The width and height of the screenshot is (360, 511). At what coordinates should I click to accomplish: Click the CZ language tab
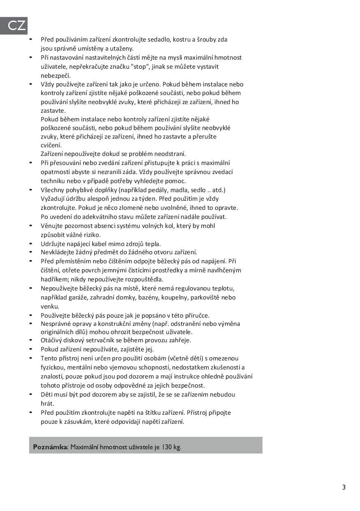tap(16, 26)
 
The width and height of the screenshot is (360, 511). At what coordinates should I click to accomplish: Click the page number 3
tap(344, 488)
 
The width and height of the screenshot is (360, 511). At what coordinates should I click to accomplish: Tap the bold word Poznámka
tap(50, 447)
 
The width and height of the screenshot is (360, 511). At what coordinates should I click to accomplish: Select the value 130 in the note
tap(167, 447)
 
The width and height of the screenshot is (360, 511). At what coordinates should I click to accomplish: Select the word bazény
tap(151, 297)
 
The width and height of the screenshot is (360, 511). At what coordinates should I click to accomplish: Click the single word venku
tap(50, 307)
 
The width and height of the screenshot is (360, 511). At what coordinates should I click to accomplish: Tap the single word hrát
tap(47, 403)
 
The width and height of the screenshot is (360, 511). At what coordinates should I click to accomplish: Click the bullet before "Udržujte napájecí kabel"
tap(30, 244)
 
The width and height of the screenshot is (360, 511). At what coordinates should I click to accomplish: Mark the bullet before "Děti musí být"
tap(30, 394)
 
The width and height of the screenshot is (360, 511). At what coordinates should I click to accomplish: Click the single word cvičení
tap(51, 145)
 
